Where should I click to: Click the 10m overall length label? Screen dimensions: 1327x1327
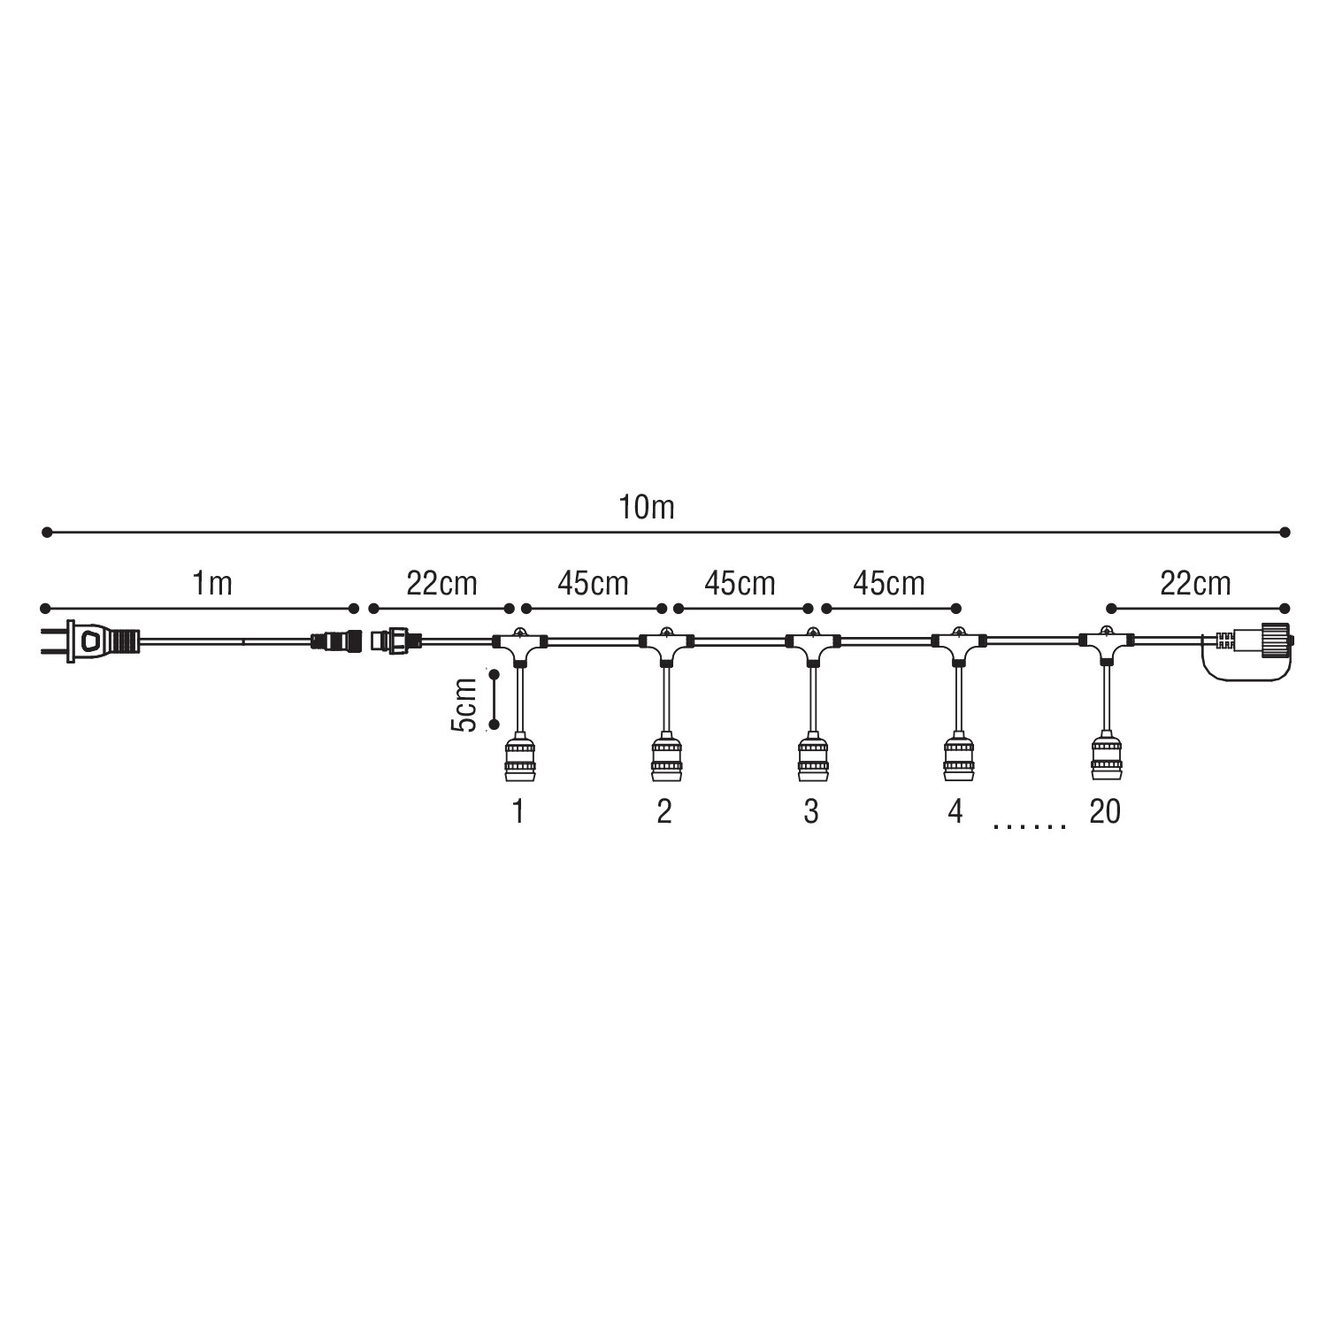[x=647, y=507]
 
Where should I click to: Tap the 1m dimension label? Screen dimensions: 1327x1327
[x=212, y=584]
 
